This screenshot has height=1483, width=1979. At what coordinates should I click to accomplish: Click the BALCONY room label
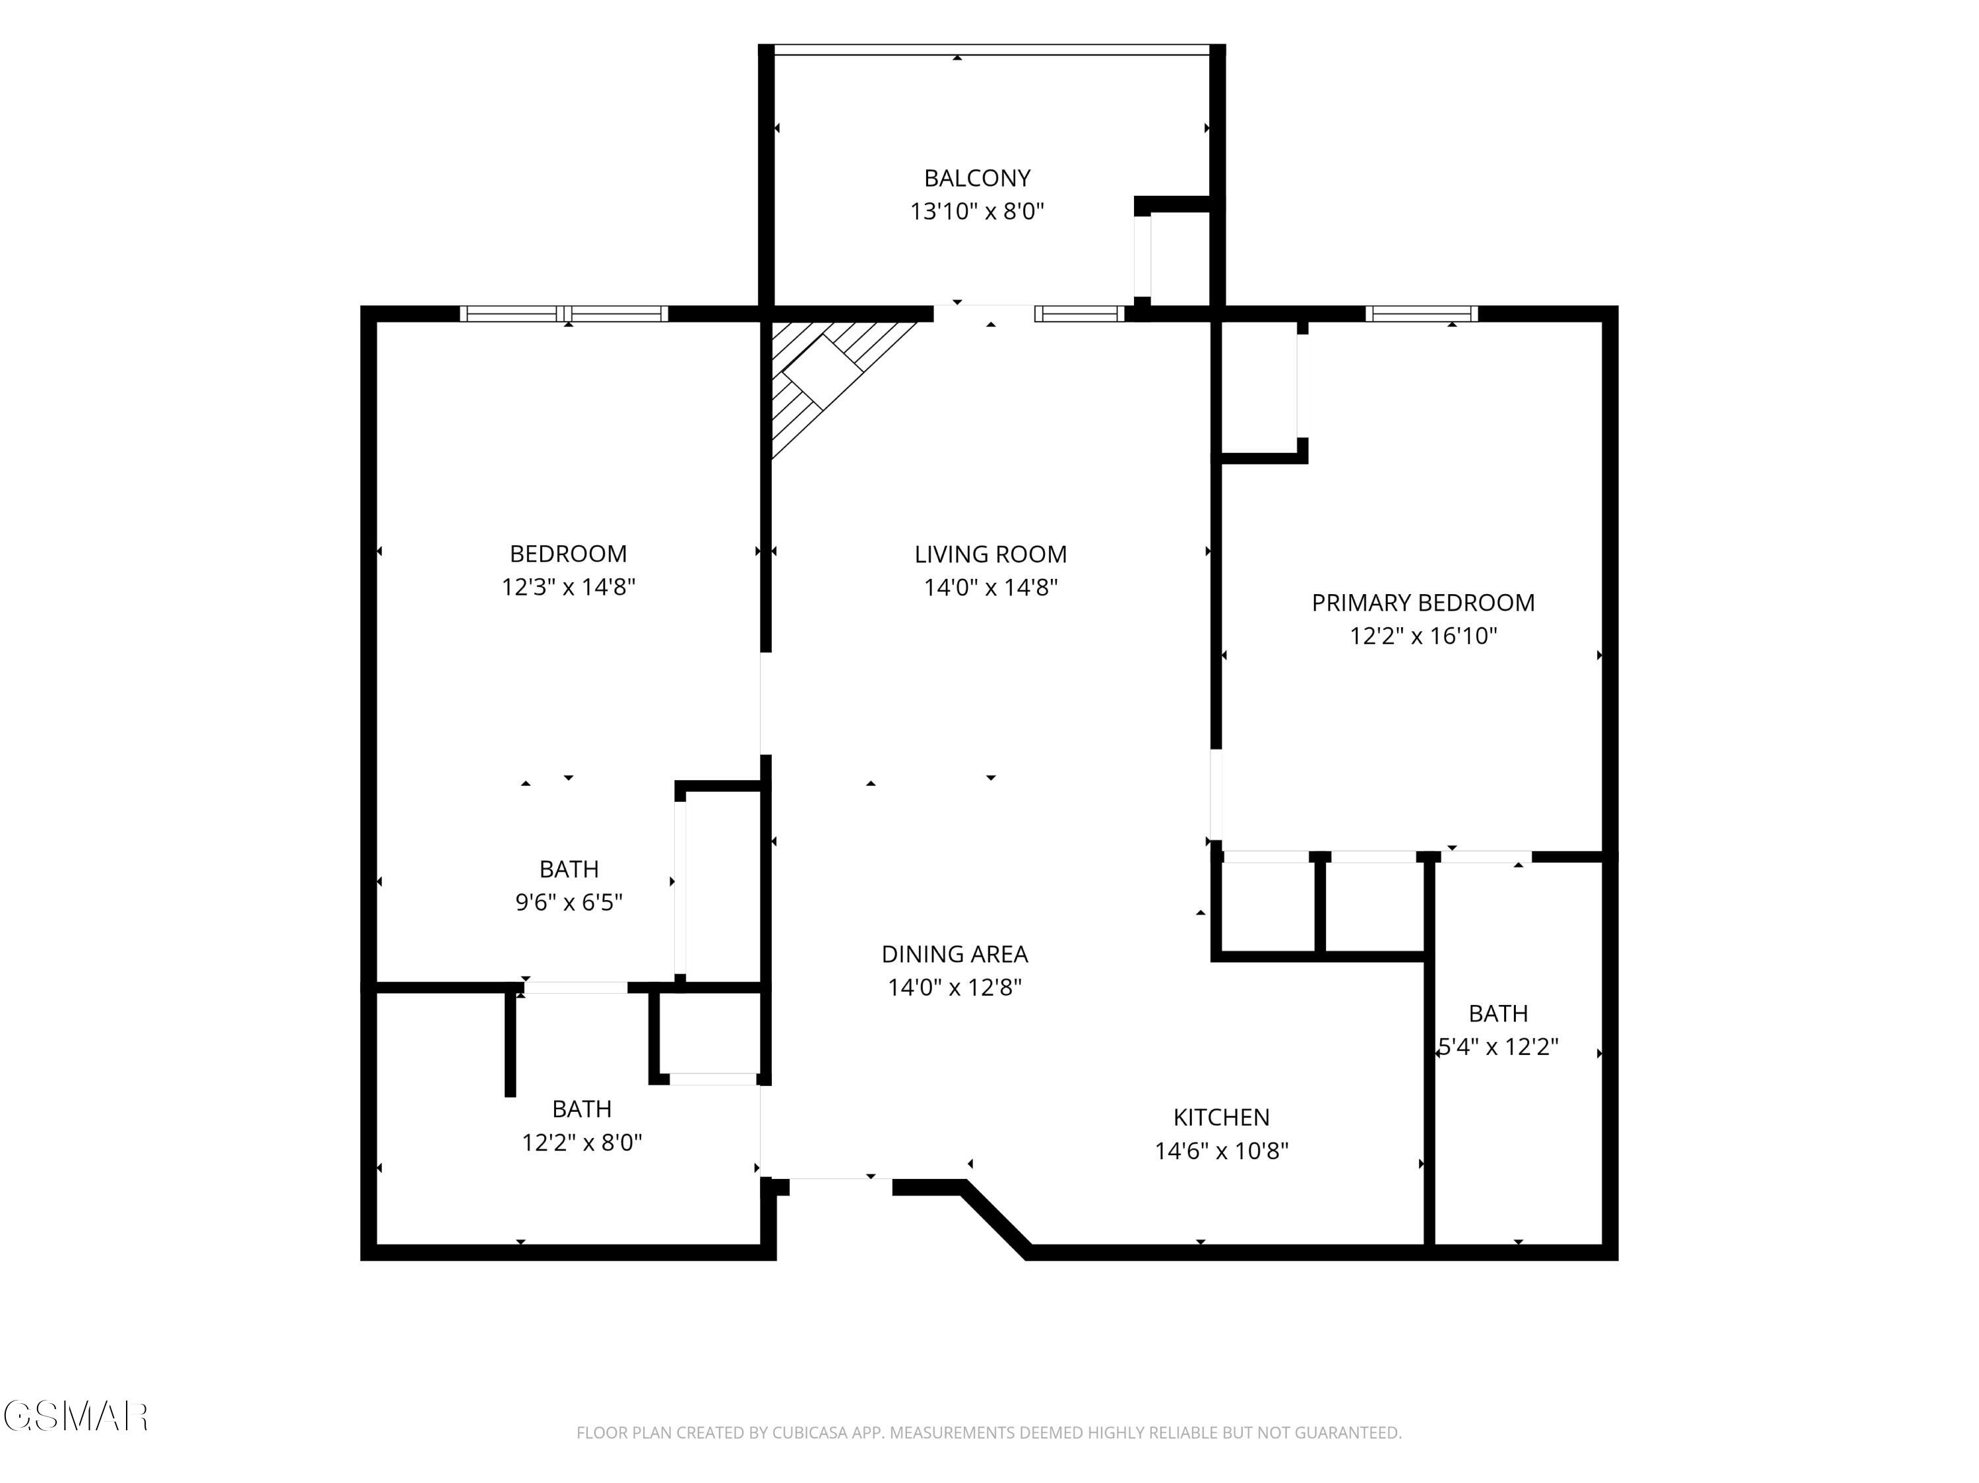[x=977, y=178]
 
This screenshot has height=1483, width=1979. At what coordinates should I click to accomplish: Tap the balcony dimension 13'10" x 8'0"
[x=977, y=212]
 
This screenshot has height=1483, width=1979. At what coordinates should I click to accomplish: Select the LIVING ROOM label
[x=990, y=555]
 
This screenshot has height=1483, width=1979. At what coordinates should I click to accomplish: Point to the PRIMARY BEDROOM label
[x=1422, y=603]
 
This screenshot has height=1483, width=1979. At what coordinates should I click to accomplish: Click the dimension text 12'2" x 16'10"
[x=1422, y=636]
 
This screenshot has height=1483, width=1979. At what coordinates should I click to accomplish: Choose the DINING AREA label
[x=955, y=954]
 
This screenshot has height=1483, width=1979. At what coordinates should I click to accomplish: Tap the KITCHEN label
[x=1221, y=1117]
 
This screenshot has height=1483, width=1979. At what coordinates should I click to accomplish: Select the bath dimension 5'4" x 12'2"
[x=1499, y=1046]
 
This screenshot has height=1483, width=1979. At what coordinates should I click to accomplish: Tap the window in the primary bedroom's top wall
[x=1422, y=314]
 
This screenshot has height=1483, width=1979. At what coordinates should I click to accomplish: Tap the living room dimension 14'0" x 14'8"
[x=990, y=588]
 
